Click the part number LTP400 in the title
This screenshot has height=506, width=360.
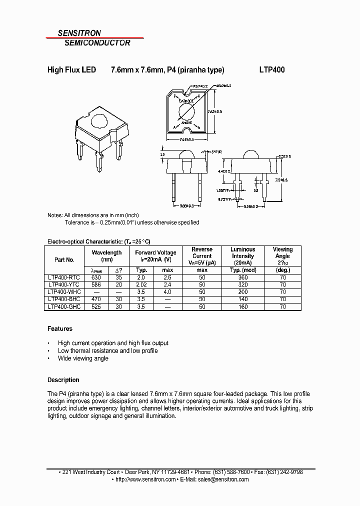[x=272, y=70]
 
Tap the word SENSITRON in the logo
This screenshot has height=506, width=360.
[x=79, y=33]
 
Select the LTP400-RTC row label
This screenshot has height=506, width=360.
[x=63, y=277]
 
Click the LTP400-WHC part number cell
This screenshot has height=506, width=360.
[x=64, y=291]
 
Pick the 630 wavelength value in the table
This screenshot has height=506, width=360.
[x=96, y=277]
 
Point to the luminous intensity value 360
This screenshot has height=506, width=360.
[x=243, y=277]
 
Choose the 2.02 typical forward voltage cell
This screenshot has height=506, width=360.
[x=141, y=284]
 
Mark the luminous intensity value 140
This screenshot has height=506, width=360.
[x=243, y=299]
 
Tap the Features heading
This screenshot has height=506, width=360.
[x=60, y=329]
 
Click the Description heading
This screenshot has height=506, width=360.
[x=63, y=380]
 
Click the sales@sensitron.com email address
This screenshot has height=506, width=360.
[x=223, y=479]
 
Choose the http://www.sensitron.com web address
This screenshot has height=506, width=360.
[x=145, y=479]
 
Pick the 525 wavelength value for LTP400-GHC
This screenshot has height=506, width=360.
[x=96, y=306]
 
